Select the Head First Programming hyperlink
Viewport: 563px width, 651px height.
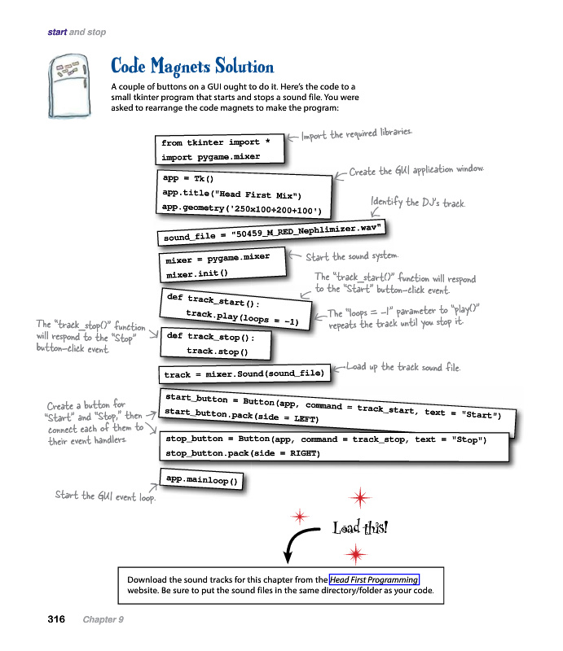pyautogui.click(x=374, y=579)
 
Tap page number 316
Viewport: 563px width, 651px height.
pyautogui.click(x=55, y=620)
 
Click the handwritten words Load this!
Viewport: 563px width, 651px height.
pyautogui.click(x=360, y=528)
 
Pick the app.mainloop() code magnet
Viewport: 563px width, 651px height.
pyautogui.click(x=201, y=480)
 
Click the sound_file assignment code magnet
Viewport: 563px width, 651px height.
pyautogui.click(x=271, y=232)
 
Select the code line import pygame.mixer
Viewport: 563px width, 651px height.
pyautogui.click(x=209, y=157)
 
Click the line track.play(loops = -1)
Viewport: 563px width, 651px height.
pyautogui.click(x=242, y=317)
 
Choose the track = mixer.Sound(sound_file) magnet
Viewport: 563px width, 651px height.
pyautogui.click(x=244, y=374)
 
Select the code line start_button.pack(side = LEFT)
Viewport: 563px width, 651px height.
pyautogui.click(x=241, y=416)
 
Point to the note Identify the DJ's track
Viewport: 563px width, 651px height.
pyautogui.click(x=418, y=202)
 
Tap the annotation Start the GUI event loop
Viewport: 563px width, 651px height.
pyautogui.click(x=104, y=496)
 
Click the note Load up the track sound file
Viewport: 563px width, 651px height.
pyautogui.click(x=403, y=367)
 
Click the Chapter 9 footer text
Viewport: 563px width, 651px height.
pyautogui.click(x=103, y=620)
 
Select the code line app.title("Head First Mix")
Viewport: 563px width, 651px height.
pyautogui.click(x=232, y=194)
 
